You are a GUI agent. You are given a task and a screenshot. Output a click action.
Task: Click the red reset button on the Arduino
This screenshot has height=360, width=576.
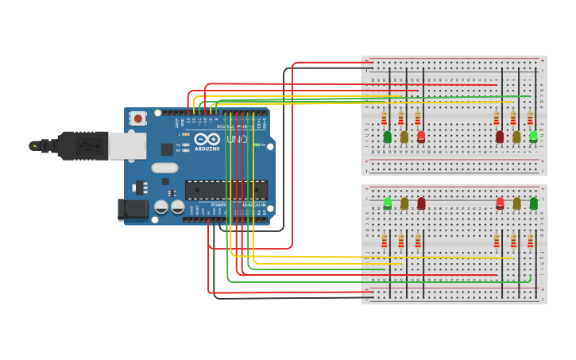tap(138, 119)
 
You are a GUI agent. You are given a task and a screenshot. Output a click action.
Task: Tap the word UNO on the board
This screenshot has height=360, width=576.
tap(237, 139)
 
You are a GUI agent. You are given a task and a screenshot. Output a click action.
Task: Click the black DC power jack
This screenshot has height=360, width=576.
tap(133, 209)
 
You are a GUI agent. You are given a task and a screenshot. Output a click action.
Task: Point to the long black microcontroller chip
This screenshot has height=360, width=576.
tap(226, 190)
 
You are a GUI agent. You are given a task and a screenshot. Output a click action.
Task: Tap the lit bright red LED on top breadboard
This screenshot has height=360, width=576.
tap(421, 137)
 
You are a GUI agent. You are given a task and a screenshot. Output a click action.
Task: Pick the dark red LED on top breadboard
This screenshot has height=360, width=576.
tap(500, 137)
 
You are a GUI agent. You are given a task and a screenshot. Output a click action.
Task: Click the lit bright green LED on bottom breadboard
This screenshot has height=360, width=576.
tap(388, 203)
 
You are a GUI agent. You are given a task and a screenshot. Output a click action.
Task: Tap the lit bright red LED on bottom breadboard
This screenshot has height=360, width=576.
tap(500, 203)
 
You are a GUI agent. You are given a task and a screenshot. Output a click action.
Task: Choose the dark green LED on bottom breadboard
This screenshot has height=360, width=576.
tap(533, 203)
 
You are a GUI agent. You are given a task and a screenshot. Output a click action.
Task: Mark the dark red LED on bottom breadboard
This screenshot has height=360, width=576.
tap(421, 203)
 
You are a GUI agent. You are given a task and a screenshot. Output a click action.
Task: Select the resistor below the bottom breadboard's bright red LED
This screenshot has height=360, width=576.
tap(497, 240)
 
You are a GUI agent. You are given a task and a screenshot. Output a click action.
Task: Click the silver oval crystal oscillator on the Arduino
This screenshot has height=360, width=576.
tap(164, 168)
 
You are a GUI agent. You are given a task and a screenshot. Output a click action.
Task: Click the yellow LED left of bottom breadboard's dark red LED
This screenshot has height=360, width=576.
tap(404, 203)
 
